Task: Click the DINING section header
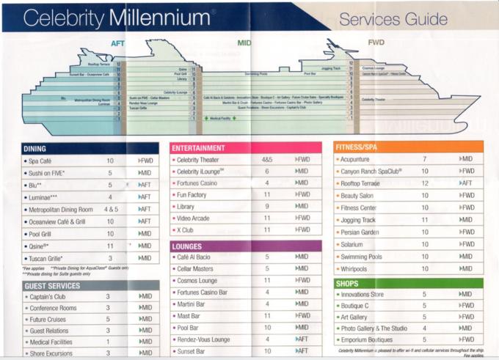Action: pyautogui.click(x=34, y=149)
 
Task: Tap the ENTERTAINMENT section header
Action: pyautogui.click(x=200, y=148)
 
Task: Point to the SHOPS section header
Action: pyautogui.click(x=348, y=283)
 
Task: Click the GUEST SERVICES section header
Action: pyautogui.click(x=52, y=286)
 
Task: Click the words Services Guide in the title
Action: pyautogui.click(x=404, y=18)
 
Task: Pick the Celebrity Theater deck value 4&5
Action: pyautogui.click(x=266, y=159)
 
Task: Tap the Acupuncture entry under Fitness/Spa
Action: pyautogui.click(x=360, y=159)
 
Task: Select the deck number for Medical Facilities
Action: pyautogui.click(x=108, y=342)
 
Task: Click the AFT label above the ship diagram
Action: pyautogui.click(x=118, y=43)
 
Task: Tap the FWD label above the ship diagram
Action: pyautogui.click(x=376, y=43)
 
